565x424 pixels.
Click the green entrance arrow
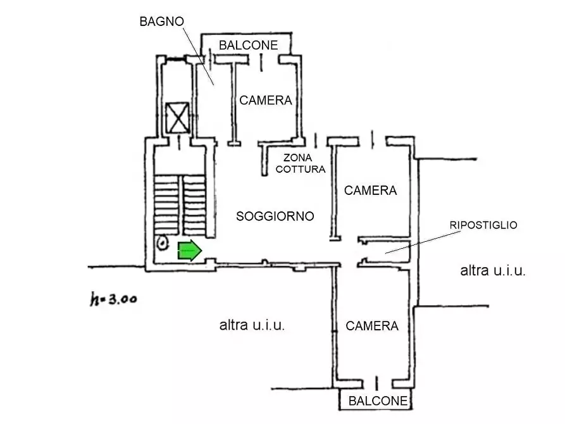point(189,251)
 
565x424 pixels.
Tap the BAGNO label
point(161,21)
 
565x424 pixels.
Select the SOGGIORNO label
point(275,216)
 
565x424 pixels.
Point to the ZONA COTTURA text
point(301,163)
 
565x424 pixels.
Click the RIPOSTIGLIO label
point(483,225)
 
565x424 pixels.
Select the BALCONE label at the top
point(248,45)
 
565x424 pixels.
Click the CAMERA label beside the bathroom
point(265,100)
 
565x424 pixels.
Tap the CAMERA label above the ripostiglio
point(370,190)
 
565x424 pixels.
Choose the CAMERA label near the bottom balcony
point(372,326)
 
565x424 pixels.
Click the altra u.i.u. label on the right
point(493,271)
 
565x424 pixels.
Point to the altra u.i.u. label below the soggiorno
point(252,326)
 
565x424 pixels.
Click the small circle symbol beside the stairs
point(162,242)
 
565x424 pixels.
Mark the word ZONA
point(297,158)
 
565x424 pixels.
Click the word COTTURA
point(301,169)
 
